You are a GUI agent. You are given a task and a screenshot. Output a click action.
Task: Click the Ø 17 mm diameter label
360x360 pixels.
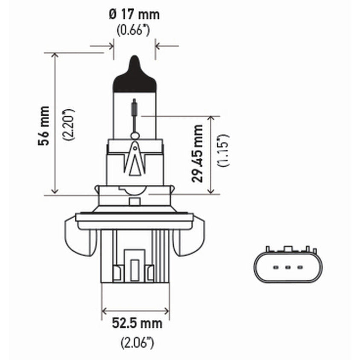[134, 15]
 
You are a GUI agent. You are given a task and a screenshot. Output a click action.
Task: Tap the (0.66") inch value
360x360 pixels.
[134, 31]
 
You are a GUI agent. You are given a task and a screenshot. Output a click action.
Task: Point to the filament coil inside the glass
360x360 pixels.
[135, 108]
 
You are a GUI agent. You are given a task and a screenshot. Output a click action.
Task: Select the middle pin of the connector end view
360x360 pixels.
[287, 268]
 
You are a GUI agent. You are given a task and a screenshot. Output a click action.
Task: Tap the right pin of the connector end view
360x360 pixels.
[300, 268]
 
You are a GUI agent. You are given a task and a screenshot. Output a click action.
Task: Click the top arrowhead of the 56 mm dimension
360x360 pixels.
[55, 56]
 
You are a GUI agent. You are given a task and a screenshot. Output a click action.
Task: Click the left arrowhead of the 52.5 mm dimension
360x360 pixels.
[105, 310]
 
